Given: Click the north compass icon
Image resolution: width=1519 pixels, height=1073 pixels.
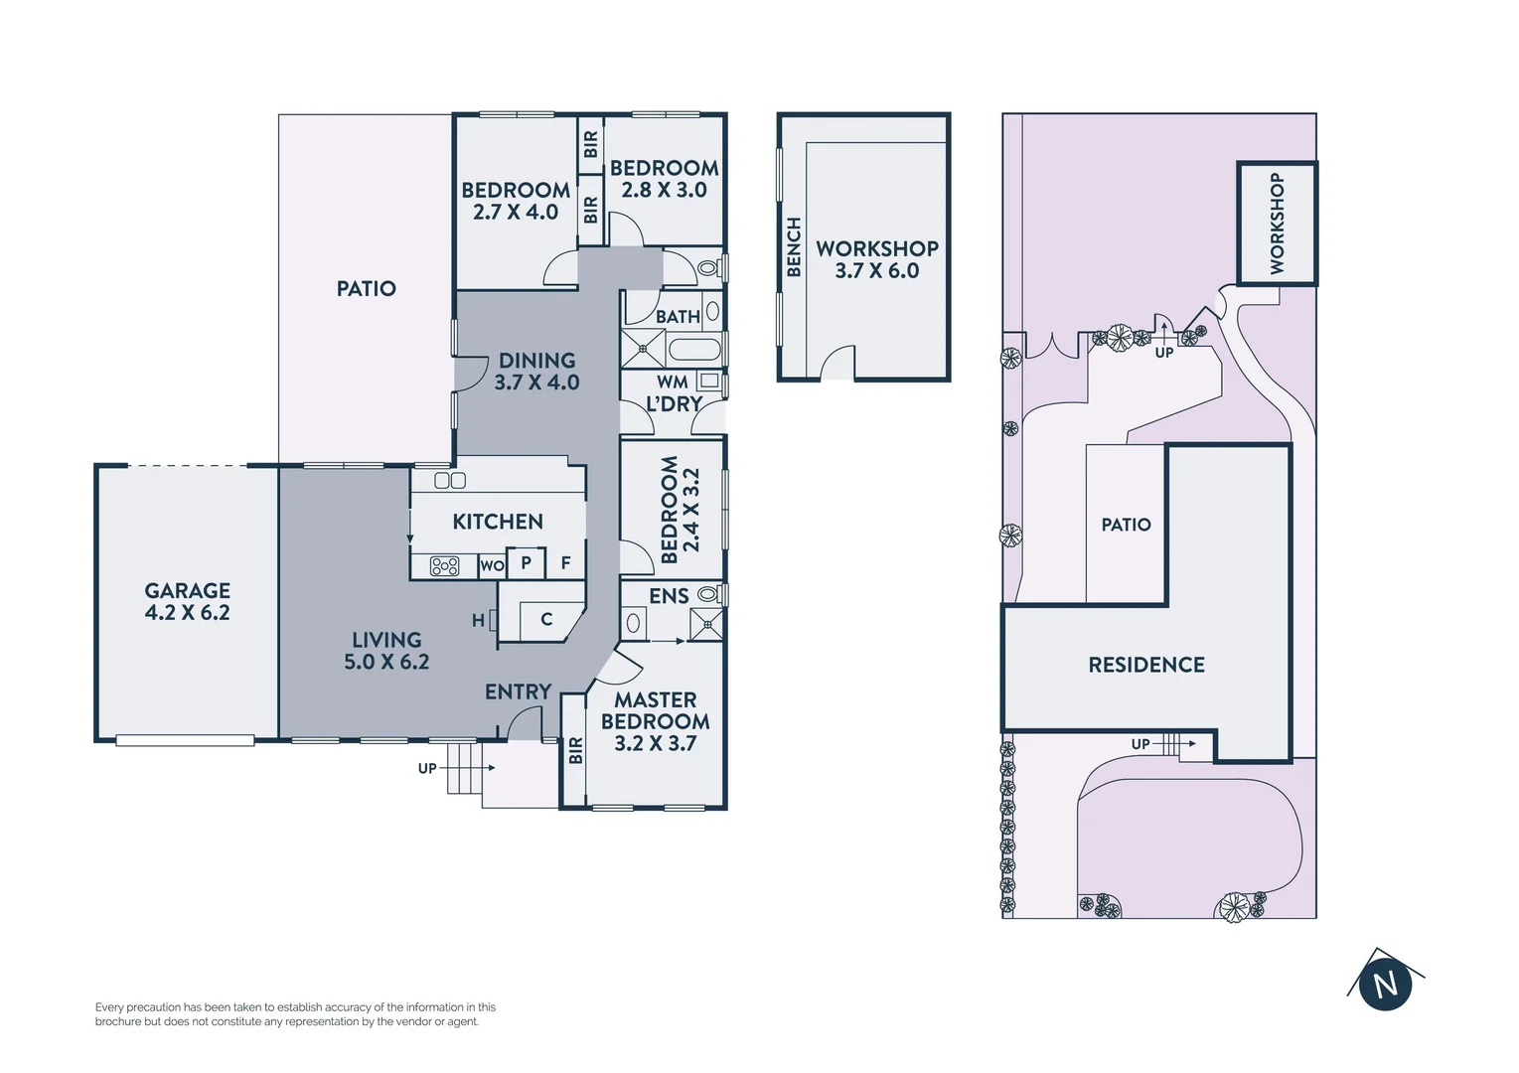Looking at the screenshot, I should click(x=1385, y=984).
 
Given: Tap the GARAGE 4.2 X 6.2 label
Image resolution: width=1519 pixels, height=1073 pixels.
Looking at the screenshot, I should click(x=187, y=602).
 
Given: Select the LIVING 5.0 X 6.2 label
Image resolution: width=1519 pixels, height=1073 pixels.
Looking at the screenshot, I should click(x=386, y=651).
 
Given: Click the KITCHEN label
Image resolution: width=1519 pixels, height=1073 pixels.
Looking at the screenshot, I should click(x=498, y=522).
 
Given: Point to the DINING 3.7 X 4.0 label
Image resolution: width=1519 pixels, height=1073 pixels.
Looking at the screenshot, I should click(x=536, y=372).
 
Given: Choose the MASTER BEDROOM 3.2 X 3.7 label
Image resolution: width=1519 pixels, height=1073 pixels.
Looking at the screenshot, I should click(x=655, y=721).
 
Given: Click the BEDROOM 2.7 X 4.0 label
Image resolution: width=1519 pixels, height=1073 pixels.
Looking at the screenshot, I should click(x=516, y=201).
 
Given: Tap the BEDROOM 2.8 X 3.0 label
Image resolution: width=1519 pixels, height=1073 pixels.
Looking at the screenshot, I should click(x=664, y=179).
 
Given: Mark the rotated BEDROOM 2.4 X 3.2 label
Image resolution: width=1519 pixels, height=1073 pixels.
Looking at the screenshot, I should click(x=681, y=510).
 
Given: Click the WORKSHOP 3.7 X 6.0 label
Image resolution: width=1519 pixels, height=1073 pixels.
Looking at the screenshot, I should click(x=877, y=259).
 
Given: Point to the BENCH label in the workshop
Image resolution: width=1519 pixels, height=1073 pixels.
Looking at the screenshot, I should click(x=794, y=247).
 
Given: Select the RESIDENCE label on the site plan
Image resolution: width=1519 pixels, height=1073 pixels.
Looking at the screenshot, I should click(x=1146, y=665).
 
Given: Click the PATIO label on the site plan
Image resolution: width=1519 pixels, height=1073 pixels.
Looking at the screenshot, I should click(x=1126, y=525).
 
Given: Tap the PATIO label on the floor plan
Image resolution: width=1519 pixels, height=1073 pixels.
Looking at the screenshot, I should click(x=366, y=289).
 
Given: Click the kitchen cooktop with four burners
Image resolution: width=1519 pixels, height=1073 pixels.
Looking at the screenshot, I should click(x=444, y=566).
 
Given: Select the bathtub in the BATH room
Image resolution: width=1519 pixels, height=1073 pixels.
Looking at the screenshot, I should click(x=693, y=350).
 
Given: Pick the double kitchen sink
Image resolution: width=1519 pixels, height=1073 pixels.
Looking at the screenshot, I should click(x=450, y=481).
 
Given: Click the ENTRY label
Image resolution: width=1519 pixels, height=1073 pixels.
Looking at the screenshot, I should click(x=518, y=691).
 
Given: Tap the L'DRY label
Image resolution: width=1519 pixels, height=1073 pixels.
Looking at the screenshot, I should click(x=674, y=404).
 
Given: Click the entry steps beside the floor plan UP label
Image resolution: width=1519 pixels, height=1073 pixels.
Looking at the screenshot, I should click(x=464, y=768).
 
